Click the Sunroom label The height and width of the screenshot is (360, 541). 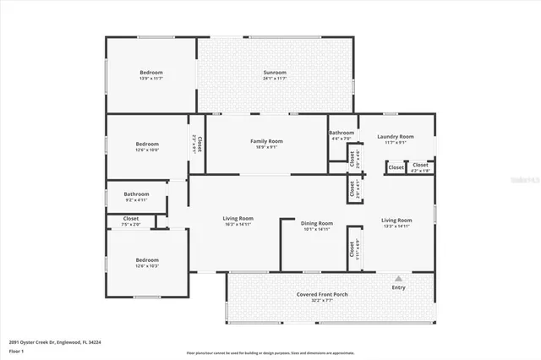click(x=275, y=73)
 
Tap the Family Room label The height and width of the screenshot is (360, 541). click(x=266, y=140)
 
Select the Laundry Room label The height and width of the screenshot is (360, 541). click(x=396, y=136)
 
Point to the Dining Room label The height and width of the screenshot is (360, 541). click(x=317, y=222)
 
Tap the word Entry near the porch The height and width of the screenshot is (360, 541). click(x=398, y=287)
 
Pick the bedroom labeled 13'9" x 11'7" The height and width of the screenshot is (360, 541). click(x=151, y=73)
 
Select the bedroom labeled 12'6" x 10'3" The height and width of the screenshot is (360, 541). click(x=146, y=259)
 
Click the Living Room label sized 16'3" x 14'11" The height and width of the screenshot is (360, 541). click(x=238, y=218)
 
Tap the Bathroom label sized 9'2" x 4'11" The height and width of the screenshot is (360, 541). click(x=136, y=194)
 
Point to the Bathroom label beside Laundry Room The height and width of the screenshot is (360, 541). click(x=342, y=133)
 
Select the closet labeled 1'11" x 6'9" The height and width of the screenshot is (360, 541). click(x=352, y=251)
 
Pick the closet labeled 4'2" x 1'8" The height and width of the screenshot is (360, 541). click(x=420, y=165)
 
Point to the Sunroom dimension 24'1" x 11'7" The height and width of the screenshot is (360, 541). click(x=275, y=79)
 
